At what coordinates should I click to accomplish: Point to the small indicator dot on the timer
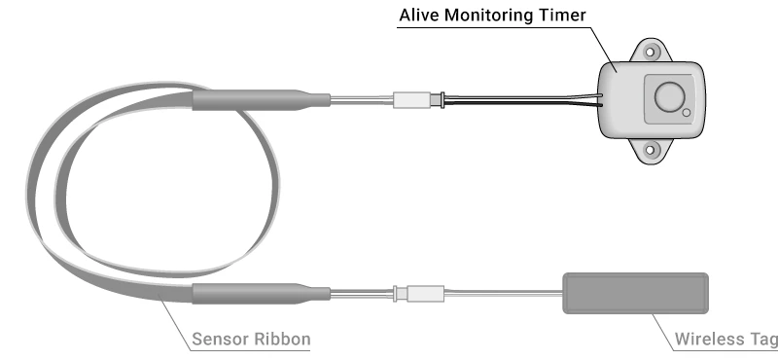click(687, 114)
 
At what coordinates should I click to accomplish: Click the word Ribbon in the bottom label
click(283, 340)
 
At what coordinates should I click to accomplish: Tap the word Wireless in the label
click(709, 340)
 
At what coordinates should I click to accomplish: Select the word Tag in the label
click(762, 340)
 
